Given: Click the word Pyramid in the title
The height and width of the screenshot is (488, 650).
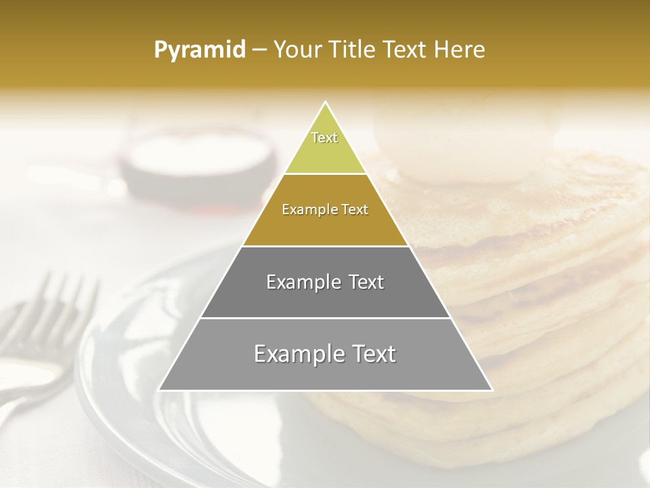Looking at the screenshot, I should pos(199,50).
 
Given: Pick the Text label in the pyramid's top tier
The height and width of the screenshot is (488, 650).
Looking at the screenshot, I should pos(324,138).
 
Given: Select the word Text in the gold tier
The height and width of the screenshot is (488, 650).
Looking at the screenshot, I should pos(353,210).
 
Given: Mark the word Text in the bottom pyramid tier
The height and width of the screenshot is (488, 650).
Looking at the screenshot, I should pos(372,354).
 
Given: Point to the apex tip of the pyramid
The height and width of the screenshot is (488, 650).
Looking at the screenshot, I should pos(325,102).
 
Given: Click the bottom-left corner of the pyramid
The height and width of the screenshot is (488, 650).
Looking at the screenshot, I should pos(160,390).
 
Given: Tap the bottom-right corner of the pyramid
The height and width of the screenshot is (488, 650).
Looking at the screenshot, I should pos(492,390).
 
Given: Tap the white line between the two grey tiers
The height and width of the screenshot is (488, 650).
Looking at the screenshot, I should pos(325,318).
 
